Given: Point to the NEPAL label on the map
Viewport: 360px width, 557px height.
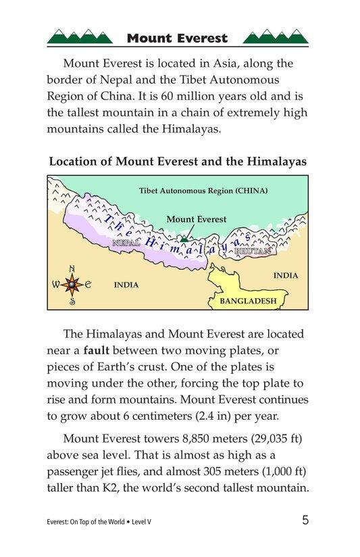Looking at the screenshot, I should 126,243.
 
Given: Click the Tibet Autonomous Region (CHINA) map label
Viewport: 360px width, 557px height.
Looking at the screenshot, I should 203,191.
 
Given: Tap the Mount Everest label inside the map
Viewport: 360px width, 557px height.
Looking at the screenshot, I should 196,220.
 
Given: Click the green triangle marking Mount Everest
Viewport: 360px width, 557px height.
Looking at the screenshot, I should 184,239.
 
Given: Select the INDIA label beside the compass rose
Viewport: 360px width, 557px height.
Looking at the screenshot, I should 126,285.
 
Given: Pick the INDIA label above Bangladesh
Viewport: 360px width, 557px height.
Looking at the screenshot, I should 285,275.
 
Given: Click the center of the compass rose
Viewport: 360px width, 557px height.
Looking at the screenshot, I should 72,285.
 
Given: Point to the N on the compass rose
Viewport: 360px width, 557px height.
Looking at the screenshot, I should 72,267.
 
